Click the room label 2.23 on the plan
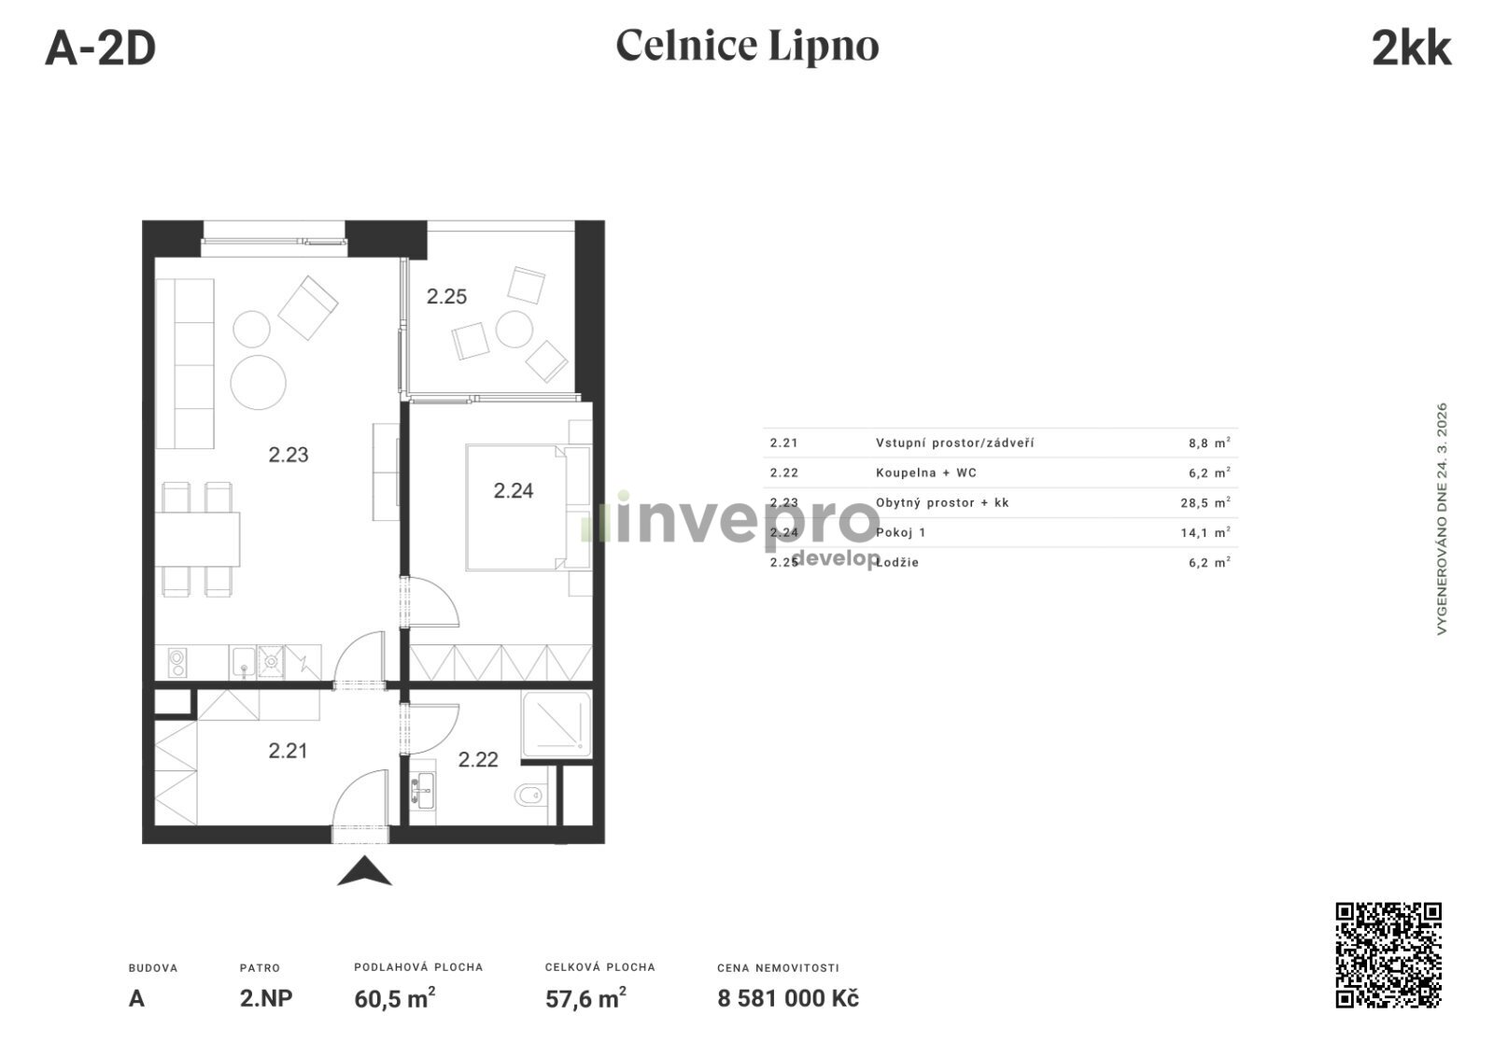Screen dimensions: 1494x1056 pos(289,455)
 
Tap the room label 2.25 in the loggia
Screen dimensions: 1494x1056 pos(446,296)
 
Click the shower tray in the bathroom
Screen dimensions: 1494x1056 pos(557,725)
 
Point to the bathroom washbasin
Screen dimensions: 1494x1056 pos(422,790)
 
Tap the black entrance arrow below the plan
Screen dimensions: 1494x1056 pos(364,870)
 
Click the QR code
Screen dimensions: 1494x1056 pos(1388,954)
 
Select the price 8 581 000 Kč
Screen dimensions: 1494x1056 pos(788,999)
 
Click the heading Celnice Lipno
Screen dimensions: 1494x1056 pos(747,46)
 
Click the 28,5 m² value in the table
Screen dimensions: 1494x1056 pos(1205,502)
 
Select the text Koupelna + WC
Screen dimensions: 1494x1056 pos(925,473)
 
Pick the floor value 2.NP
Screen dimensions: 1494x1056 pos(266,999)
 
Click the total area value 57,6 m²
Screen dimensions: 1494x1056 pos(585,998)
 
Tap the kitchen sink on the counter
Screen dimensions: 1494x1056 pos(244,662)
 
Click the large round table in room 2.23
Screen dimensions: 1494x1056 pos(258,382)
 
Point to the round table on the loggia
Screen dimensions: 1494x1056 pos(514,330)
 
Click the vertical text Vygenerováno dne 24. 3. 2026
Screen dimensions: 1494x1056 pos(1442,518)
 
